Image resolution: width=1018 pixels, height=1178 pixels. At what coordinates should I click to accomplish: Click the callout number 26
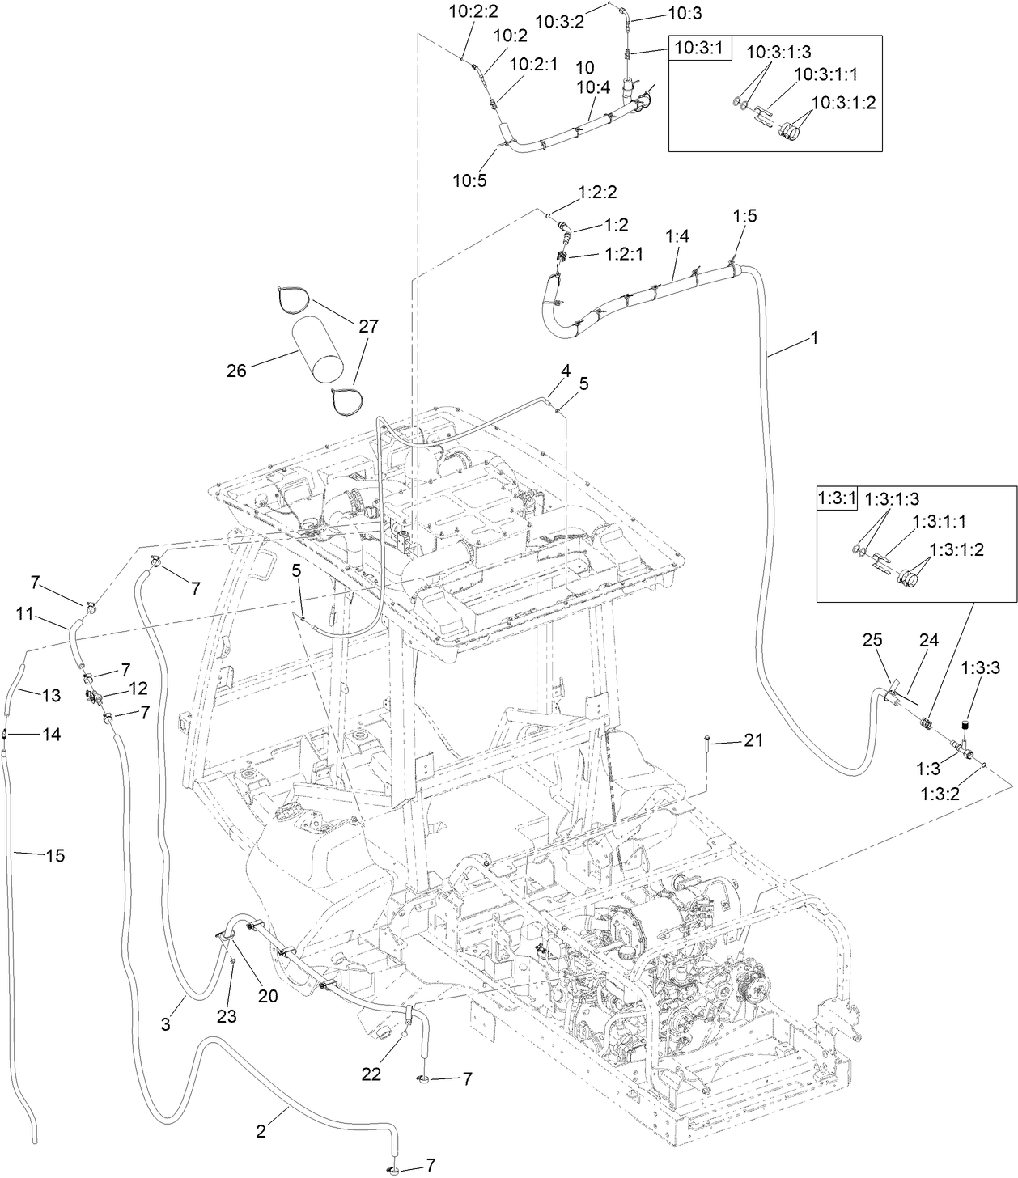click(x=237, y=371)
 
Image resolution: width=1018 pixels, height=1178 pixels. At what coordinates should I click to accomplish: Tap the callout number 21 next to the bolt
click(x=753, y=740)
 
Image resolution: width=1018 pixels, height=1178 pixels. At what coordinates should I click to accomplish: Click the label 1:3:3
click(x=980, y=668)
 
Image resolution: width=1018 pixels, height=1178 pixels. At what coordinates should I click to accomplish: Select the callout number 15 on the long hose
click(x=56, y=855)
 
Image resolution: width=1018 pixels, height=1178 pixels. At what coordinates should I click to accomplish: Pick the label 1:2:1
click(x=624, y=254)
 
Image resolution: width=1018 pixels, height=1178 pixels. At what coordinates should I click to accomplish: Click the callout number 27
click(x=368, y=327)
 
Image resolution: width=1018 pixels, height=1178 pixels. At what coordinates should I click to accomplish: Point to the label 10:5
click(x=469, y=180)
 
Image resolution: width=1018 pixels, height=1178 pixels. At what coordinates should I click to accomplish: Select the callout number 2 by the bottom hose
click(x=261, y=1132)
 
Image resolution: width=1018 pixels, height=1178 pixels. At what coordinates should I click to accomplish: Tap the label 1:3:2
click(x=940, y=795)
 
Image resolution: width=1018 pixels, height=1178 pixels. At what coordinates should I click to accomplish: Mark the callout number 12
click(x=138, y=689)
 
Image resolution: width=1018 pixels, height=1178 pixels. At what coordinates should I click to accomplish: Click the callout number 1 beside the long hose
click(x=814, y=337)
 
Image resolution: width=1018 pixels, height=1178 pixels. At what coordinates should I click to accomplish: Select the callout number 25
click(x=871, y=640)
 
